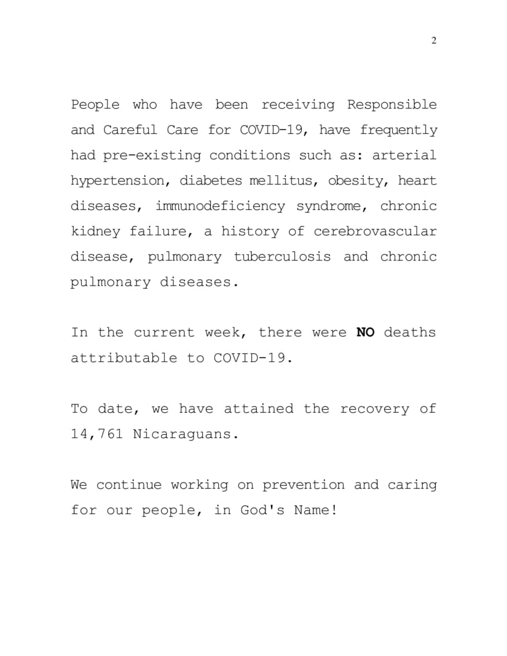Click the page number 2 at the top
[434, 41]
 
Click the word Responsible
[392, 104]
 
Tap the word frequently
[399, 130]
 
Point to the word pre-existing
[152, 155]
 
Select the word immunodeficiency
[220, 206]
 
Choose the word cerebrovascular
[375, 232]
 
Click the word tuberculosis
[282, 257]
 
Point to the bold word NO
[366, 332]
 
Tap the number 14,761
[97, 434]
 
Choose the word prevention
[304, 485]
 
